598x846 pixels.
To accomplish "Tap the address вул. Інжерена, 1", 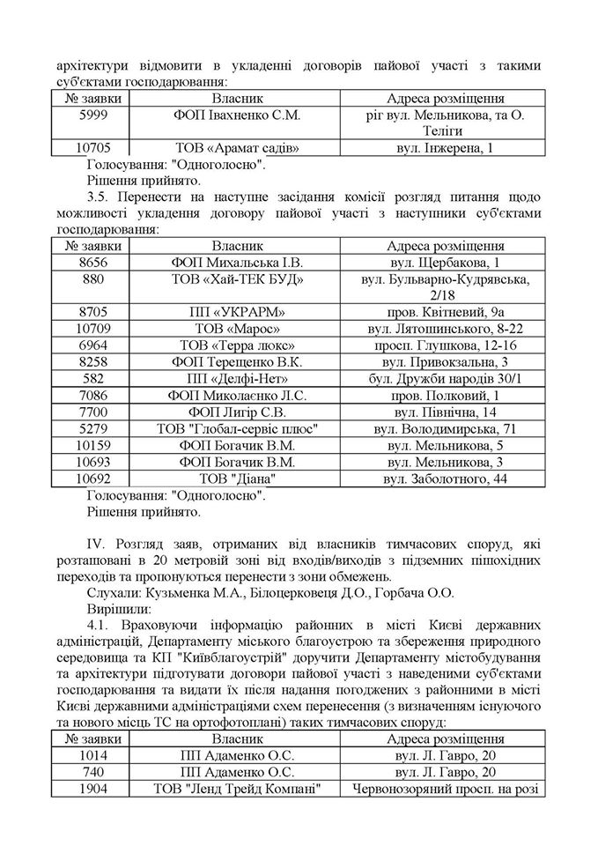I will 445,148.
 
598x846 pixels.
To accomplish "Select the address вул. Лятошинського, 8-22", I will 445,329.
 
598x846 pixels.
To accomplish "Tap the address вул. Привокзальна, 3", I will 445,362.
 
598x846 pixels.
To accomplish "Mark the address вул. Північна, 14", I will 445,412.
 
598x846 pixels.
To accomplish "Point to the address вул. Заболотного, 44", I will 445,479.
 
